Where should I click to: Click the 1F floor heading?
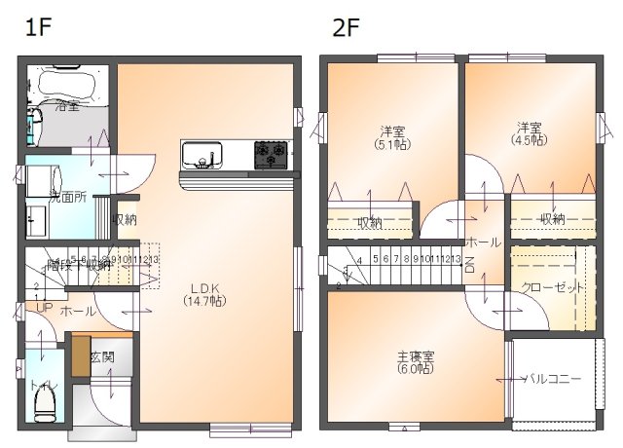(37, 26)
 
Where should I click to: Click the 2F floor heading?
(347, 26)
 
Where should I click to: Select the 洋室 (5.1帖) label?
(392, 137)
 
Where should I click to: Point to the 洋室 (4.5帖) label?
(529, 133)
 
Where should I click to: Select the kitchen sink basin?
(201, 155)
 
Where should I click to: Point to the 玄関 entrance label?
(103, 356)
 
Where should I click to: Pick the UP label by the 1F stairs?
(44, 308)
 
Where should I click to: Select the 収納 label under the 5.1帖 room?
(369, 223)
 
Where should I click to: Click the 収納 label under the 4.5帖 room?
(552, 219)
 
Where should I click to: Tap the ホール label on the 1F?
(79, 312)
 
